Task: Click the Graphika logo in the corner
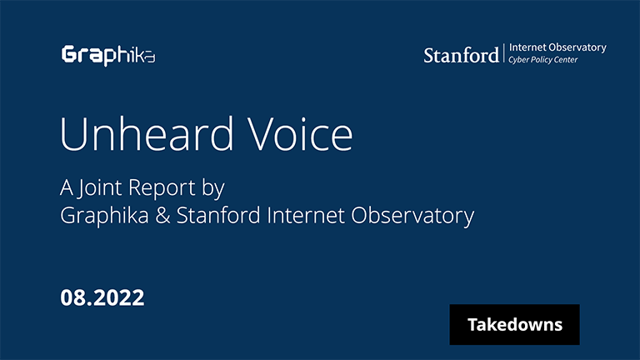pyautogui.click(x=108, y=55)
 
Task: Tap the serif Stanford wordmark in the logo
pyautogui.click(x=461, y=56)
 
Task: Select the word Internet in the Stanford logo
pyautogui.click(x=529, y=47)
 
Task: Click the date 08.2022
pyautogui.click(x=102, y=297)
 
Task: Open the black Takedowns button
pyautogui.click(x=514, y=324)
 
